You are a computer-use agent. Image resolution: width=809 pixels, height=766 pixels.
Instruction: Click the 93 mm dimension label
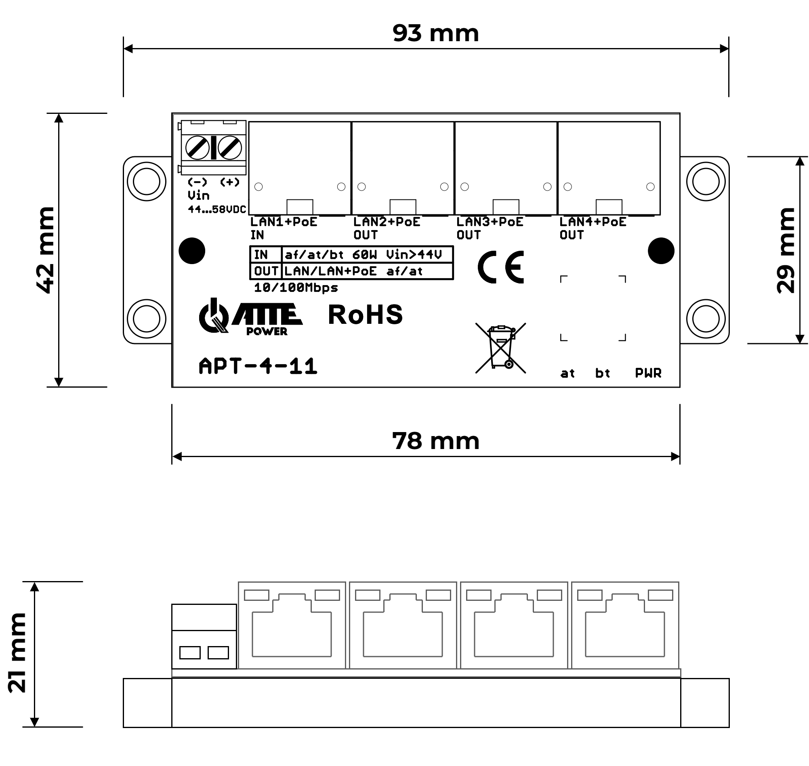[435, 34]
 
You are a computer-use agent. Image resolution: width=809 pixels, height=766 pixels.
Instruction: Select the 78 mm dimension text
[435, 441]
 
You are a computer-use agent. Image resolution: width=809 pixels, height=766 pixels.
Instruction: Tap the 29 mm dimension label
[786, 250]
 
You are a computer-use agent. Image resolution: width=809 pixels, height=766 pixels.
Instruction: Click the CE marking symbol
[501, 267]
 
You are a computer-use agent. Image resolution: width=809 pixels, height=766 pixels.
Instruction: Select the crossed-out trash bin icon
[500, 348]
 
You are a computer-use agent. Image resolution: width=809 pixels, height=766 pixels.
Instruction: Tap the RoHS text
[365, 315]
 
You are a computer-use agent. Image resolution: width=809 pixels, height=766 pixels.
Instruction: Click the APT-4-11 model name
[258, 366]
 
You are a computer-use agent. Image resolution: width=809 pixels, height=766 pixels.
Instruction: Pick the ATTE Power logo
[250, 318]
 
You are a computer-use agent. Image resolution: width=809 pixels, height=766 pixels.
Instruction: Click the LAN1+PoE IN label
[283, 228]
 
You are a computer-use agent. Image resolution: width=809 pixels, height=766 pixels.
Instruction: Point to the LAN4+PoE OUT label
[592, 228]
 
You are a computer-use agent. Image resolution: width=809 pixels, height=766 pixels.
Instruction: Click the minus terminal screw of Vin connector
[197, 147]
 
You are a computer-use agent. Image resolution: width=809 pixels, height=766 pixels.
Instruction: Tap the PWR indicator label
[648, 373]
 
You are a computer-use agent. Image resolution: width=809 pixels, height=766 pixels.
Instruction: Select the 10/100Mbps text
[296, 288]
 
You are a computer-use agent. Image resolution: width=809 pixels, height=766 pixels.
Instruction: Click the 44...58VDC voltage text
[217, 210]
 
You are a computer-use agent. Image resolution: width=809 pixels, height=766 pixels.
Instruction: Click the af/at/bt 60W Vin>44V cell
[363, 255]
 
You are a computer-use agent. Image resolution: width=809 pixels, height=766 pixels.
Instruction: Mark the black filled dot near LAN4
[660, 251]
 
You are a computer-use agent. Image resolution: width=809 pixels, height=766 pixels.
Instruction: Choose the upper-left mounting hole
[146, 181]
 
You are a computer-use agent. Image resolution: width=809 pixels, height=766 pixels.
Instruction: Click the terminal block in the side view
[204, 636]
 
